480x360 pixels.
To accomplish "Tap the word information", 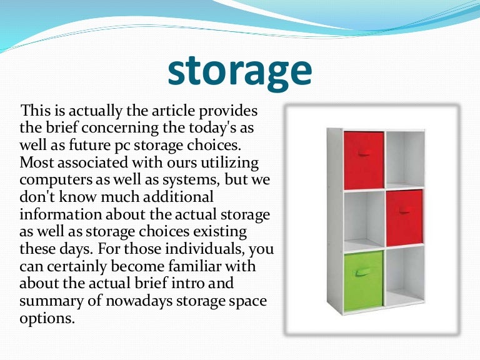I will coord(60,214).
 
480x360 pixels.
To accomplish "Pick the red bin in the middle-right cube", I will coord(404,217).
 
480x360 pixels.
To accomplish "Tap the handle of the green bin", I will coord(362,272).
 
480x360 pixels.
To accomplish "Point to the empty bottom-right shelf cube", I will coord(404,277).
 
